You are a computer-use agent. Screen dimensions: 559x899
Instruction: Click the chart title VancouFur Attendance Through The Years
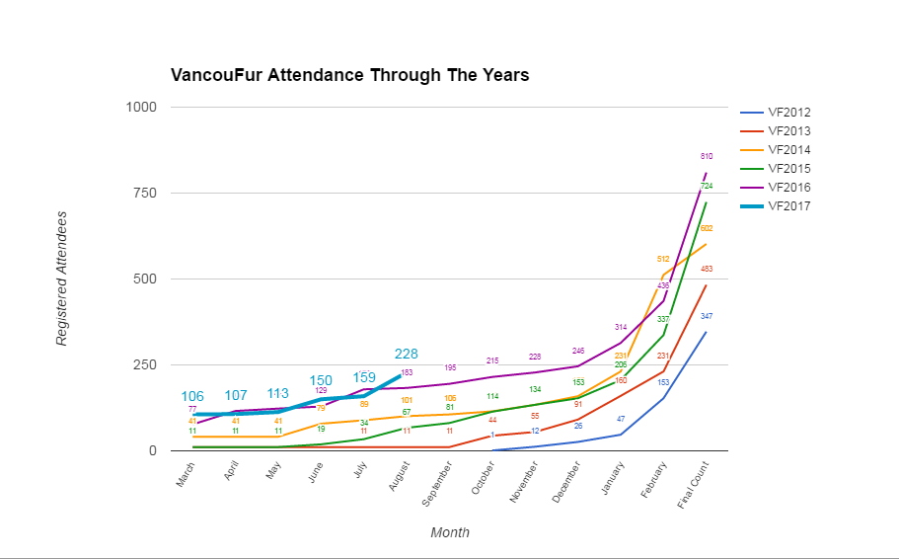pos(350,75)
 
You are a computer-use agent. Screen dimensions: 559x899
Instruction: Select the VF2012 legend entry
pos(788,112)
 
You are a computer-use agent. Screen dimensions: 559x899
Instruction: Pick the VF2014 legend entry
pos(788,149)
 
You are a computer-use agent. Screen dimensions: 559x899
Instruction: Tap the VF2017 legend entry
pos(788,206)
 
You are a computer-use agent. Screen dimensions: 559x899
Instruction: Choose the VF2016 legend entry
pos(788,188)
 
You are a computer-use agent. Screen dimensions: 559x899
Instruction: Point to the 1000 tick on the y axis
pos(141,107)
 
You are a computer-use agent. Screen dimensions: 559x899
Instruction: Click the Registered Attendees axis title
pos(61,279)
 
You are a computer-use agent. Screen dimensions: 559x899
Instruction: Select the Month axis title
pos(449,532)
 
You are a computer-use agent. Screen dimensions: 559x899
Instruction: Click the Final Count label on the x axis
pos(692,485)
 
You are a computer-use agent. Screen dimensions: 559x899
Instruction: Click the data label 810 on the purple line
pos(707,156)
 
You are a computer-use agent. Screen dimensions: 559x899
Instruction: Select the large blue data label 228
pos(406,354)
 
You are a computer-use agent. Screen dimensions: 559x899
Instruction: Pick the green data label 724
pos(707,186)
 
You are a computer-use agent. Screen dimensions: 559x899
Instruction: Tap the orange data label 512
pos(663,259)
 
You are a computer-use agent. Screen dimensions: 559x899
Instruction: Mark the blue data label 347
pos(707,316)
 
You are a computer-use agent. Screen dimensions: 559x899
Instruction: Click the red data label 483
pos(707,269)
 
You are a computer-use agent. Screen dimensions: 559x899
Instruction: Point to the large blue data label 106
pos(192,396)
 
